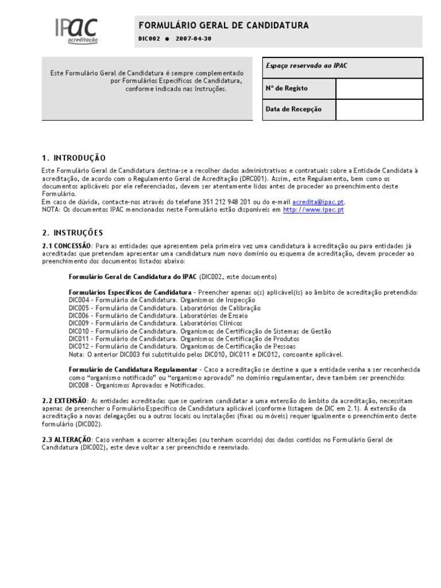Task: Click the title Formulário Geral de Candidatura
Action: coord(223,25)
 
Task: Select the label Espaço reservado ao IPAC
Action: coord(307,66)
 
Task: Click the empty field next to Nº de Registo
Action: coord(379,88)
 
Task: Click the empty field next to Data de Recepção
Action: coord(379,109)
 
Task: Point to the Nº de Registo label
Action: coord(287,88)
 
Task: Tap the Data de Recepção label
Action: coord(293,109)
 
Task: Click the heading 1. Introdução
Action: coord(73,158)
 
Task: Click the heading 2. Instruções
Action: coord(72,233)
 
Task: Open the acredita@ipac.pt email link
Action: coord(319,202)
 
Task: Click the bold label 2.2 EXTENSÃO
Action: coord(65,400)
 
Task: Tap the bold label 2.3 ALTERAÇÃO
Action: coord(66,440)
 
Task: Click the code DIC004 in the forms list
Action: coord(79,300)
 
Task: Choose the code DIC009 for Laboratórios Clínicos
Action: coord(79,323)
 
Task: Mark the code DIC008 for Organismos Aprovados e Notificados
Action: coord(79,385)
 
